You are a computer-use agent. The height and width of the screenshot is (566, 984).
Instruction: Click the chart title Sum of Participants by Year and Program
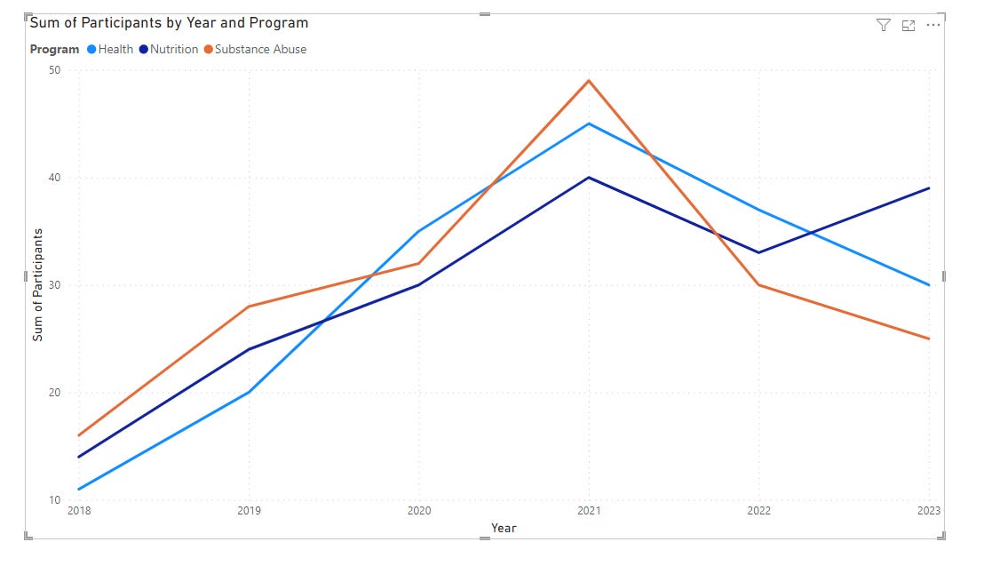[170, 23]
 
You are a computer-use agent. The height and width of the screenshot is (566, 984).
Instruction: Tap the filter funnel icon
[883, 25]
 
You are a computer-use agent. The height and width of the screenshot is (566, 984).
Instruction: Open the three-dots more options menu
[932, 25]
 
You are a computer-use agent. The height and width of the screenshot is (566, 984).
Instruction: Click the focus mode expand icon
[908, 25]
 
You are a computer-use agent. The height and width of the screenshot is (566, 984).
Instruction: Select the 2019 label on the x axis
[249, 511]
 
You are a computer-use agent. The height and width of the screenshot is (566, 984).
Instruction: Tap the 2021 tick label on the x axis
[589, 511]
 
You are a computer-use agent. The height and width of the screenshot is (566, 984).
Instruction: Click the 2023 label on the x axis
[927, 511]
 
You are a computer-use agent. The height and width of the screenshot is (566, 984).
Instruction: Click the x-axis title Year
[504, 528]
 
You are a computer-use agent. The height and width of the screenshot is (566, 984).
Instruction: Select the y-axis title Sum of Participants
[37, 284]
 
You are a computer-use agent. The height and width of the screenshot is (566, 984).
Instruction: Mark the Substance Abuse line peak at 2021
[589, 81]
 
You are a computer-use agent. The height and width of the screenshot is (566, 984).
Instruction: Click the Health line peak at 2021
[589, 124]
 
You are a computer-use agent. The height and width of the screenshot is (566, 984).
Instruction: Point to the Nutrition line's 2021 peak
[589, 178]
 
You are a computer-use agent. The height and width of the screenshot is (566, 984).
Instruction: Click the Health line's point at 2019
[250, 392]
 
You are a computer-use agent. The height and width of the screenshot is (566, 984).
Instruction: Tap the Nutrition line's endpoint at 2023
[928, 188]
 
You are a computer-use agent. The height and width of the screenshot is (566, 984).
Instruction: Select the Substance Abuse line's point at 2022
[758, 285]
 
